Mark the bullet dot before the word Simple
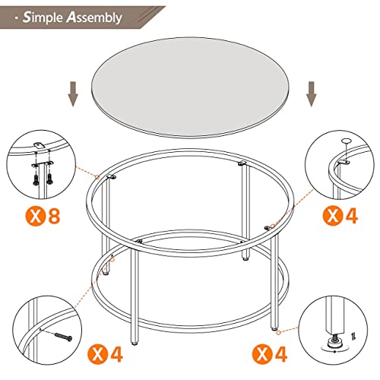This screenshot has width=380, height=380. [x=16, y=16]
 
